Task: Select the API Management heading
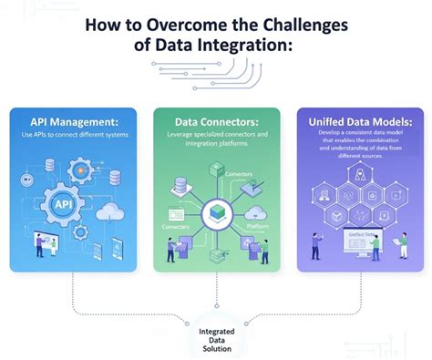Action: pos(74,121)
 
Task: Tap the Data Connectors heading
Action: pos(216,121)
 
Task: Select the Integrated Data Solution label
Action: pos(215,336)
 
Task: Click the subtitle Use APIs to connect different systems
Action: pos(74,136)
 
